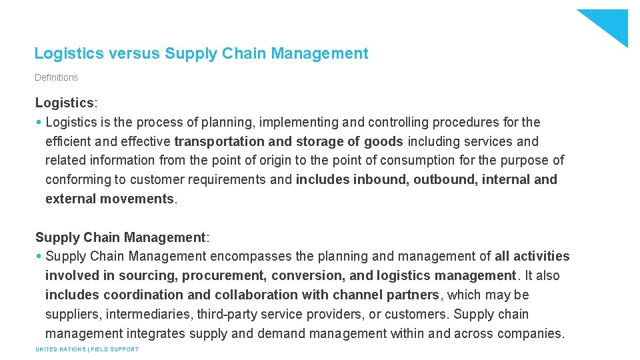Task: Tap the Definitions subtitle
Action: [56, 77]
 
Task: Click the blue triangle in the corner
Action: [610, 24]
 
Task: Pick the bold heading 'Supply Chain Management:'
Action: [122, 237]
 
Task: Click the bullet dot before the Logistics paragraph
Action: [39, 122]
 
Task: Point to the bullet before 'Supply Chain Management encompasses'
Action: [39, 256]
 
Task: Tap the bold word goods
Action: [383, 141]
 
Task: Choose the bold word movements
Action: [137, 199]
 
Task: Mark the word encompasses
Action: [251, 256]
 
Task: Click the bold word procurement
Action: [222, 275]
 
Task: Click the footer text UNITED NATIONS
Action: [60, 349]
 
